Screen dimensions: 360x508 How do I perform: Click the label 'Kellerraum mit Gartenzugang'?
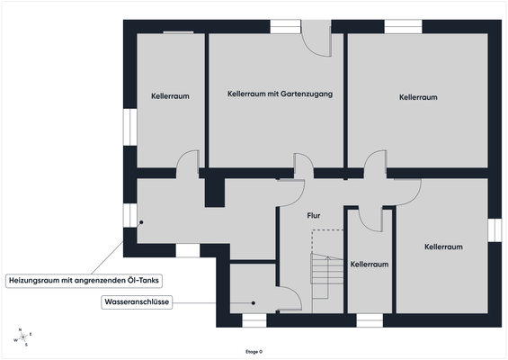click(x=275, y=93)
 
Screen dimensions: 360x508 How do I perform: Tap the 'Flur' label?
click(x=314, y=216)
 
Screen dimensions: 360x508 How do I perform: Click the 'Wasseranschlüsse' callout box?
click(x=137, y=303)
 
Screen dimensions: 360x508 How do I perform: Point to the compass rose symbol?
click(x=21, y=337)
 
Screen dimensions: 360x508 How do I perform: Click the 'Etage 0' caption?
click(x=254, y=351)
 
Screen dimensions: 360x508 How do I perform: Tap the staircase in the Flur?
click(x=323, y=270)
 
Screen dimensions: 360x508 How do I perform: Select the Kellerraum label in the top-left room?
click(x=168, y=94)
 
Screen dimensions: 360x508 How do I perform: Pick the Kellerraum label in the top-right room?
click(x=418, y=96)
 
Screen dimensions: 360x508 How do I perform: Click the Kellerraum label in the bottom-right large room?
click(x=443, y=247)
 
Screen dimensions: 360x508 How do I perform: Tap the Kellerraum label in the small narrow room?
click(x=370, y=265)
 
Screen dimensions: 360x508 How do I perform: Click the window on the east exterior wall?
click(x=493, y=229)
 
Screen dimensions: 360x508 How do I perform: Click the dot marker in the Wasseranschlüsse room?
click(x=254, y=303)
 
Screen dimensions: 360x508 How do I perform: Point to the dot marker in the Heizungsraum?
click(x=140, y=221)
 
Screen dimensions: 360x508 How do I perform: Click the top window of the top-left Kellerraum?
click(x=176, y=32)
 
